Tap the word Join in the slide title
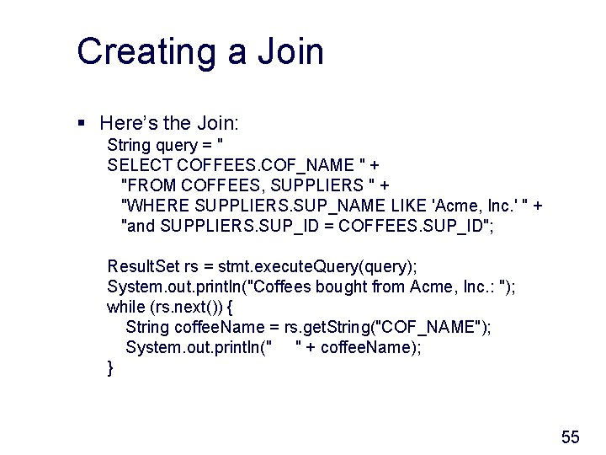click(287, 51)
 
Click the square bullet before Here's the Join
click(82, 123)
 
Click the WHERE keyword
click(157, 205)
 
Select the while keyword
click(125, 307)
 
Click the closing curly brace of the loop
click(110, 367)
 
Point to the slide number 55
click(571, 436)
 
